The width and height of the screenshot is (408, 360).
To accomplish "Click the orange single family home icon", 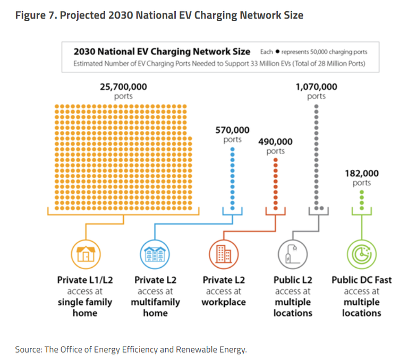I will (85, 255).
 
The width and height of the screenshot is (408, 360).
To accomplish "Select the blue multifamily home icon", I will (155, 255).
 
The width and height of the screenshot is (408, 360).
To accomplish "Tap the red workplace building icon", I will (224, 255).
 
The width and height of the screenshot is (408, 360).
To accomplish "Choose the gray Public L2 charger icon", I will (292, 255).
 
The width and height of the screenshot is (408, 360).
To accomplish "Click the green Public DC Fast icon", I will (361, 255).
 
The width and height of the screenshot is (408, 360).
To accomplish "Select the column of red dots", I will (275, 184).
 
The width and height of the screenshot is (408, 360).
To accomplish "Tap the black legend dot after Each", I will (277, 52).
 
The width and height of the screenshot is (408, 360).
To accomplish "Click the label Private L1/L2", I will (85, 280).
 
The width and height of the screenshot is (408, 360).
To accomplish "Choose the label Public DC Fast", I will (361, 280).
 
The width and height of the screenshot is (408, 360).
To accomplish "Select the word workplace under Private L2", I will (224, 302).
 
